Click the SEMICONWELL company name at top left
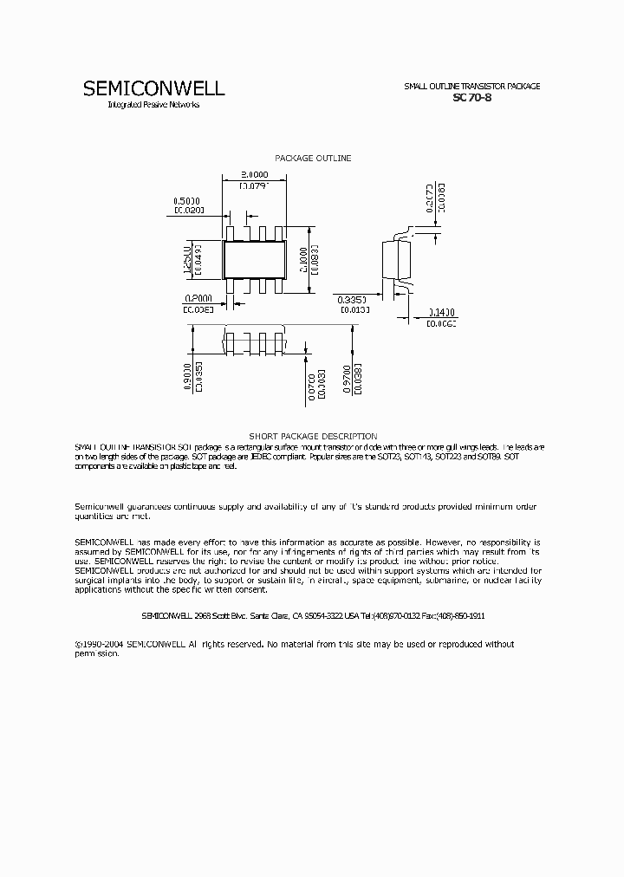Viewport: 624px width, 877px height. pyautogui.click(x=153, y=88)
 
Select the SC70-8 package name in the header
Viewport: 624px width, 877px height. pyautogui.click(x=472, y=98)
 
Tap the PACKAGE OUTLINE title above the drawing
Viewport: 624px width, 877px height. pyautogui.click(x=313, y=158)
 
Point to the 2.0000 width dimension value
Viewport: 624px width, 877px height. pyautogui.click(x=254, y=174)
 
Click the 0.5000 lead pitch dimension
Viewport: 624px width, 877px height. pyautogui.click(x=186, y=199)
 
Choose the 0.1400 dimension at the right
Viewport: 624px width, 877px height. pyautogui.click(x=442, y=312)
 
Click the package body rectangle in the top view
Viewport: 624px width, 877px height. pyautogui.click(x=254, y=258)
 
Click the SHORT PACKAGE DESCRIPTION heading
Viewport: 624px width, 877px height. pyautogui.click(x=313, y=436)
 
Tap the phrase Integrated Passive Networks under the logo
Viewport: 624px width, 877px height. pyautogui.click(x=153, y=105)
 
